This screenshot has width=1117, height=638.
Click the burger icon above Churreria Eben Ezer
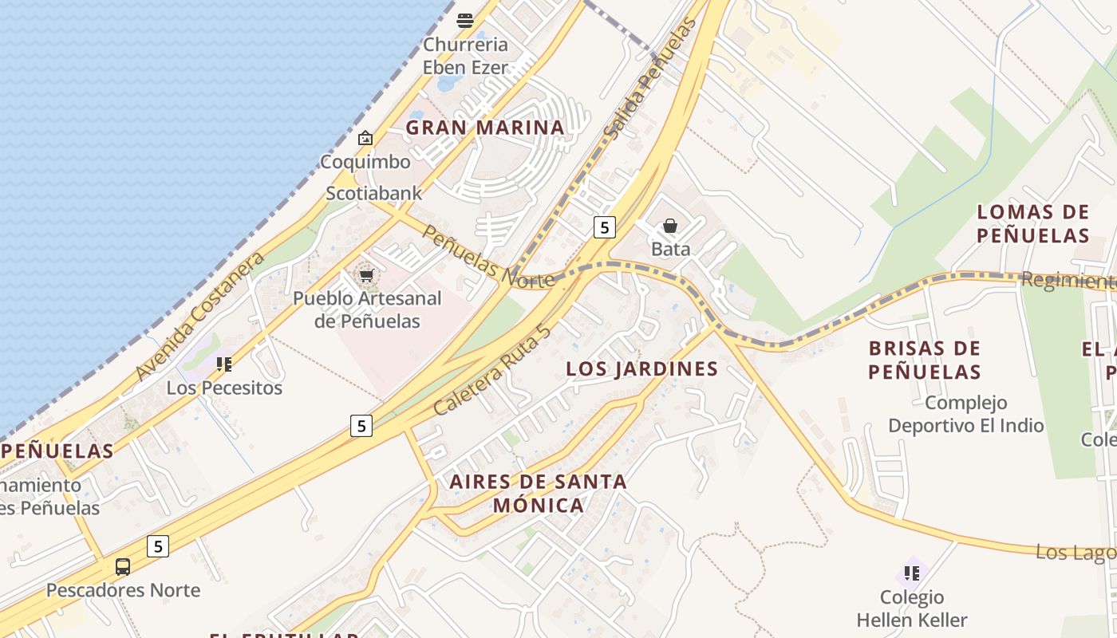point(464,20)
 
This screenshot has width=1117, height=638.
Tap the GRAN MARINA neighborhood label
point(485,128)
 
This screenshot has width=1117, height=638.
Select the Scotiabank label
point(373,193)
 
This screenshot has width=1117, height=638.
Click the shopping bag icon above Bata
point(670,226)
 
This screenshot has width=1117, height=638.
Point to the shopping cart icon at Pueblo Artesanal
point(366,276)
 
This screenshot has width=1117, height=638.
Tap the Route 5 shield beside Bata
point(605,227)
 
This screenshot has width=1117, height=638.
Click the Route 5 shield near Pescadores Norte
point(158,546)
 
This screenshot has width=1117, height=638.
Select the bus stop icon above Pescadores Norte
point(123,567)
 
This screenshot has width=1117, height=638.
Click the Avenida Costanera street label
point(199,317)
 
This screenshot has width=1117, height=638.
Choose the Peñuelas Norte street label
point(487,257)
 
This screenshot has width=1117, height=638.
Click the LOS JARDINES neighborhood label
point(641,368)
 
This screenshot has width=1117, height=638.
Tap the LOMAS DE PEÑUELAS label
point(1032,223)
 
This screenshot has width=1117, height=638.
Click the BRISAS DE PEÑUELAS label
point(924,360)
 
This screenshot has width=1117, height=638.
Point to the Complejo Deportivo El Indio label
point(965,414)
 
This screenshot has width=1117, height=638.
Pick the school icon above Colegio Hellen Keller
point(912,573)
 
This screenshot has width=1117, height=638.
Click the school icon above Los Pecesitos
point(224,364)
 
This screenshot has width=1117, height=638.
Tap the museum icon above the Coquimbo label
point(365,138)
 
